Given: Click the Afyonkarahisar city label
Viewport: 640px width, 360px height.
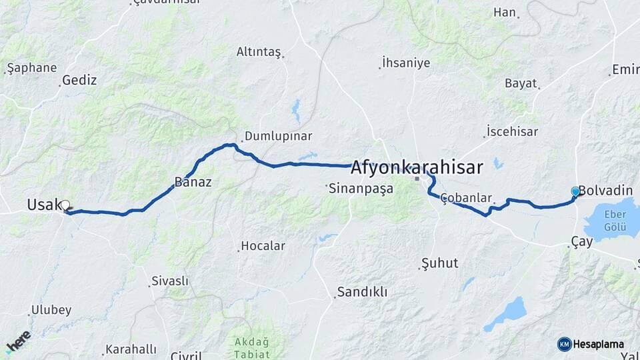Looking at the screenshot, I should [x=417, y=167].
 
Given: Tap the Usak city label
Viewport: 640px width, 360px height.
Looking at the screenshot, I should [x=44, y=205].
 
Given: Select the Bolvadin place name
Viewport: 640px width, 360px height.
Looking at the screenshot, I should [x=605, y=191].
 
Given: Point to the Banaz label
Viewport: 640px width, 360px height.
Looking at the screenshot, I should [x=193, y=181].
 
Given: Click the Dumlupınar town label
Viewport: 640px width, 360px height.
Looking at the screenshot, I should [x=278, y=136].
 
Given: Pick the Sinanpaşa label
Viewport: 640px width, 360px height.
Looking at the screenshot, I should [x=361, y=189].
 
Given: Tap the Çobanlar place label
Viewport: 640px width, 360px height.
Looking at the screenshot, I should [x=466, y=198].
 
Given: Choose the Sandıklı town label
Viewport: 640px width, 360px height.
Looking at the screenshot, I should [x=362, y=292].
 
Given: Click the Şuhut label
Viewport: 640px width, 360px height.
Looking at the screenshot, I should [x=440, y=263].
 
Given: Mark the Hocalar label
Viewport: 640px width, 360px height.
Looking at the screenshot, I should [x=263, y=246].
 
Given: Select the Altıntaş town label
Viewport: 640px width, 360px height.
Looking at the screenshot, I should [x=259, y=52].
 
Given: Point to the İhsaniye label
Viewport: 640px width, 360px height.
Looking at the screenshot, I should [x=406, y=63].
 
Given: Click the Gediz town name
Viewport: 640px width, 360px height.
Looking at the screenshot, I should [x=79, y=81].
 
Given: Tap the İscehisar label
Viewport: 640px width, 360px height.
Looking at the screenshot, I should [x=512, y=131].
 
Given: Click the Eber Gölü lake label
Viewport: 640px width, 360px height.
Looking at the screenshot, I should [x=615, y=219].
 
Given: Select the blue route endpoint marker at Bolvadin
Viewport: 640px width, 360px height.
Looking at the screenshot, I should [x=575, y=192].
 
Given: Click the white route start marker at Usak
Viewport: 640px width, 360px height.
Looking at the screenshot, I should [x=65, y=205].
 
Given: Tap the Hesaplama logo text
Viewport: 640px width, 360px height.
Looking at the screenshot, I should [x=598, y=344].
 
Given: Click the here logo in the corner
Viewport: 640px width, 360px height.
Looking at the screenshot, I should [x=18, y=342].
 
